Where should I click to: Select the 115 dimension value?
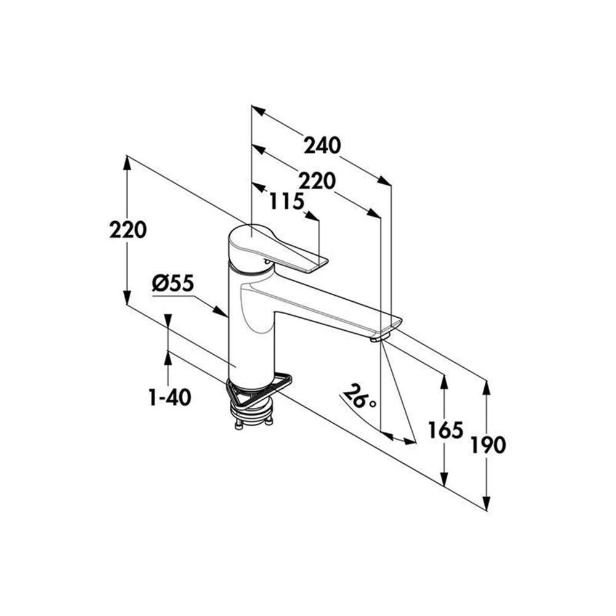(287, 202)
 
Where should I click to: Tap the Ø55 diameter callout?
(173, 283)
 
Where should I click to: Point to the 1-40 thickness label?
(170, 397)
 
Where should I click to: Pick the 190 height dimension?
(488, 445)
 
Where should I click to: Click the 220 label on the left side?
(128, 230)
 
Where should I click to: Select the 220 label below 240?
(317, 181)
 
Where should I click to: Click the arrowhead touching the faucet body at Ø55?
(221, 312)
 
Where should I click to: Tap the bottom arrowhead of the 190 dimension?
(487, 503)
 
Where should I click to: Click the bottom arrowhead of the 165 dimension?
(444, 479)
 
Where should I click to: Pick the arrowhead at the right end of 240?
(384, 181)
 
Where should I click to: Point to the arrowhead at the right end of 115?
(312, 216)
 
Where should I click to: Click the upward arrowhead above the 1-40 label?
(168, 358)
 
